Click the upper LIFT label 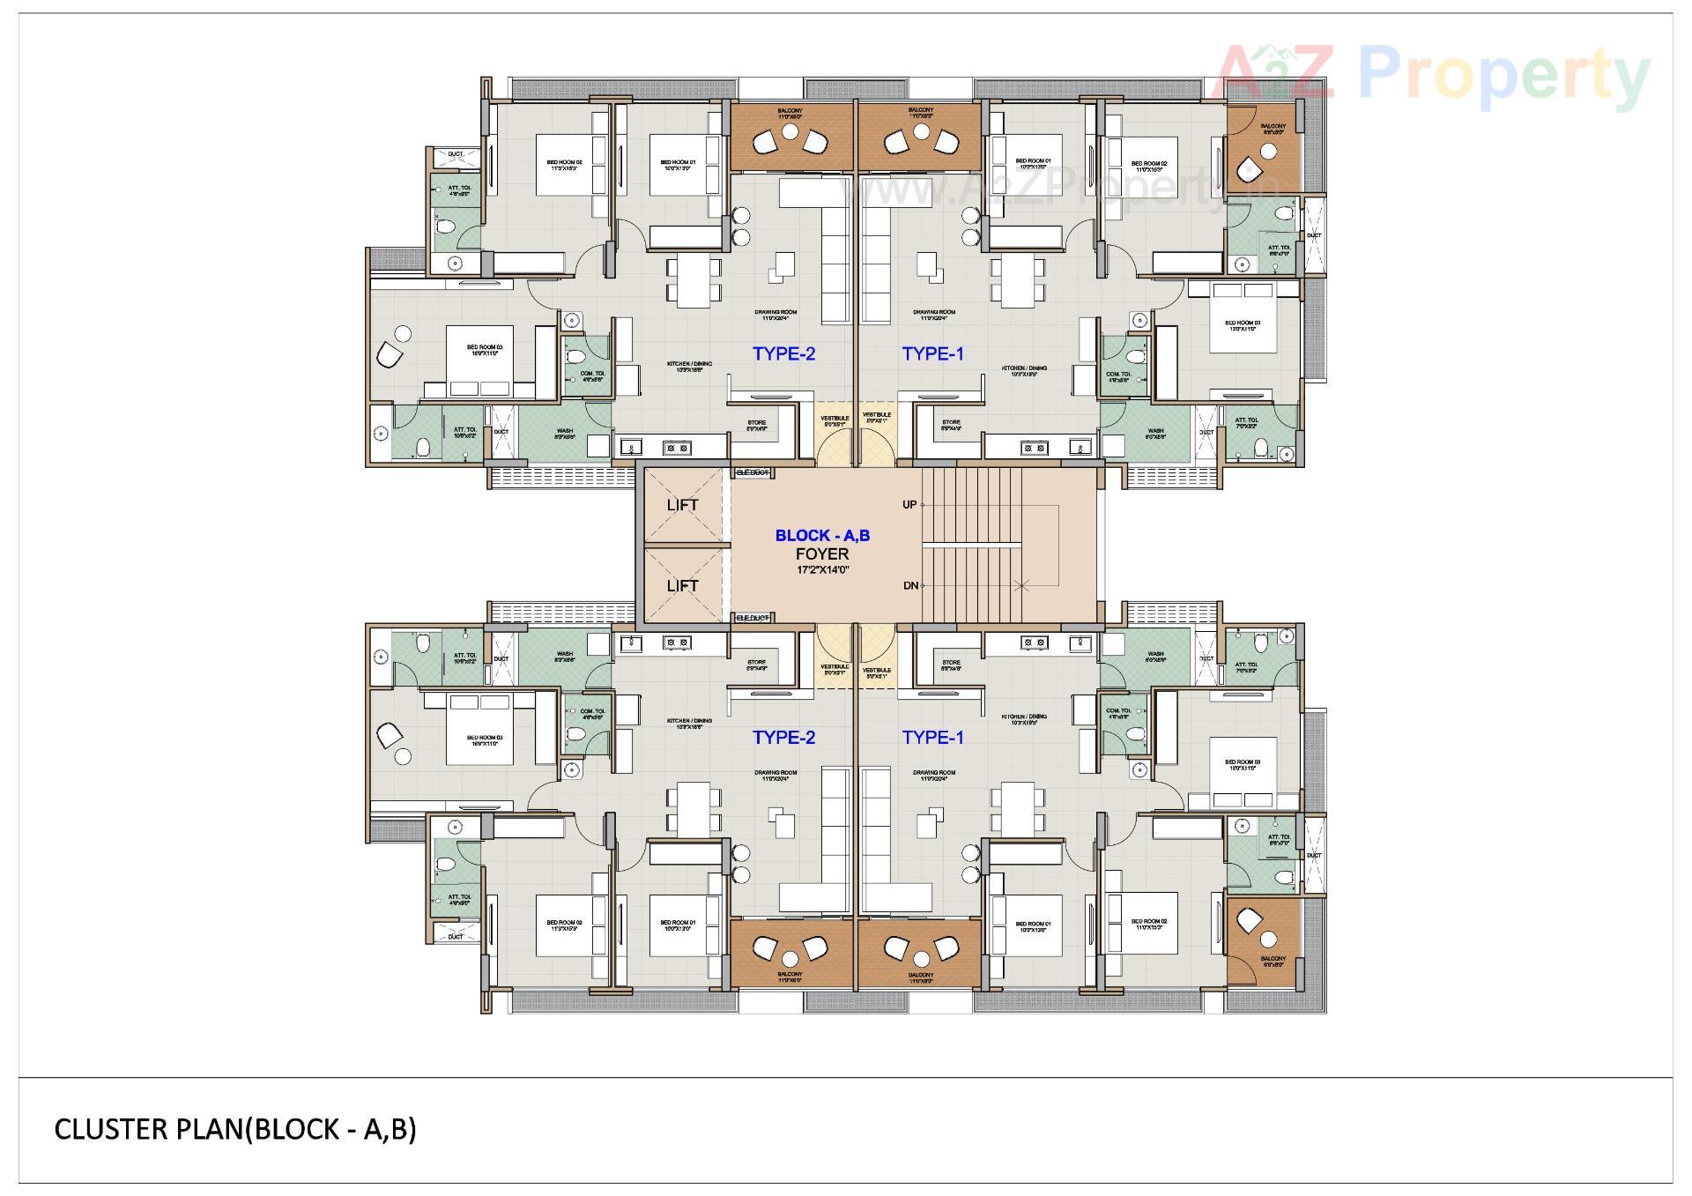coord(682,505)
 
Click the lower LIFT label coord(682,586)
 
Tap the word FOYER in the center coord(822,554)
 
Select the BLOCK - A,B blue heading coord(822,536)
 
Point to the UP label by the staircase coord(909,505)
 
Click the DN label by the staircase coord(909,586)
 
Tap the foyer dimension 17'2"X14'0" coord(822,570)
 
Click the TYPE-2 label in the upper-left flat coord(783,354)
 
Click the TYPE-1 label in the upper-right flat coord(932,354)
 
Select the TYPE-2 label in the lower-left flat coord(783,738)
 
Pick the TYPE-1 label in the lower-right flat coord(932,738)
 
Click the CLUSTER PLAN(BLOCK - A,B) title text coord(235,1129)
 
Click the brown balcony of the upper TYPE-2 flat coord(790,138)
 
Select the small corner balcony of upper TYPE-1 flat coord(1263,150)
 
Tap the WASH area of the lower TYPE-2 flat coord(564,657)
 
